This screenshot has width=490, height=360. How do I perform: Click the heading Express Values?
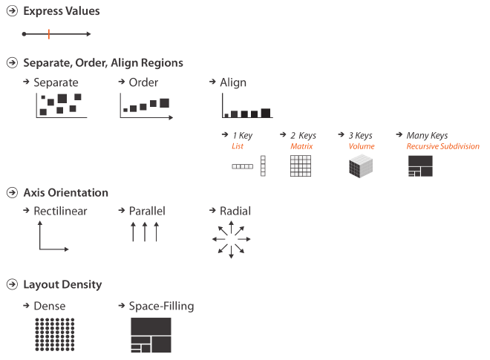point(62,11)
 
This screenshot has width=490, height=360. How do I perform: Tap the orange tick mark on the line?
point(49,33)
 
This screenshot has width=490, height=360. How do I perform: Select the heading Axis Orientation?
point(65,192)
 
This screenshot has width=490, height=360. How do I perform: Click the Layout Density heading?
point(62,284)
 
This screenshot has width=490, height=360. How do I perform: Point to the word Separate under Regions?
point(56,82)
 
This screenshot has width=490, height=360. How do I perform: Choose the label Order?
point(143,82)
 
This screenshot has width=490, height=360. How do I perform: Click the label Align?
point(233,82)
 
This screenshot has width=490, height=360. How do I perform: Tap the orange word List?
point(238,147)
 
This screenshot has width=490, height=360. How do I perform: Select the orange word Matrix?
point(301,147)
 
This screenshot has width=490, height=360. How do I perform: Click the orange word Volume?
point(362,147)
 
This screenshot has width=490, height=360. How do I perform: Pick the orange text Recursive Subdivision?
point(442,147)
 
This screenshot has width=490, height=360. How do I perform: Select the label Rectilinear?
point(60,212)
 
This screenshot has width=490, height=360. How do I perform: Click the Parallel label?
point(147,212)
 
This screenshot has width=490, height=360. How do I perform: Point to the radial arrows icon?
point(231,239)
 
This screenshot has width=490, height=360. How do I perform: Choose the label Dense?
point(50,306)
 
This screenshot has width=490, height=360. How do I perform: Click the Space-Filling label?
point(161,306)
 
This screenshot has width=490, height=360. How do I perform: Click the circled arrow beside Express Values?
point(12,11)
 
